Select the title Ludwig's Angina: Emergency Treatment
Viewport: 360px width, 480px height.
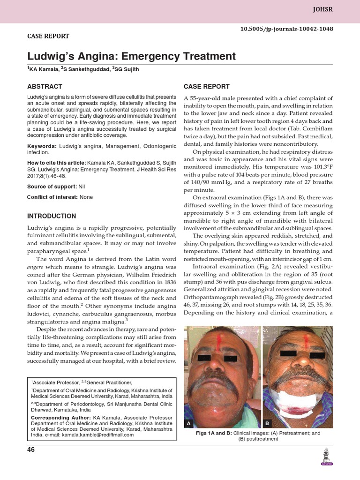(x=131, y=57)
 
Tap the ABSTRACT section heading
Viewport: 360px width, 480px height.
(x=45, y=87)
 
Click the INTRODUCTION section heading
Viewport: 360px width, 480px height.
(x=52, y=216)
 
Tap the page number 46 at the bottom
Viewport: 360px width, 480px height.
(x=31, y=450)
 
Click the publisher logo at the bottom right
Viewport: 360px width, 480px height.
(x=325, y=457)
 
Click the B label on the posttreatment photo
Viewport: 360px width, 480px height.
(x=266, y=423)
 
